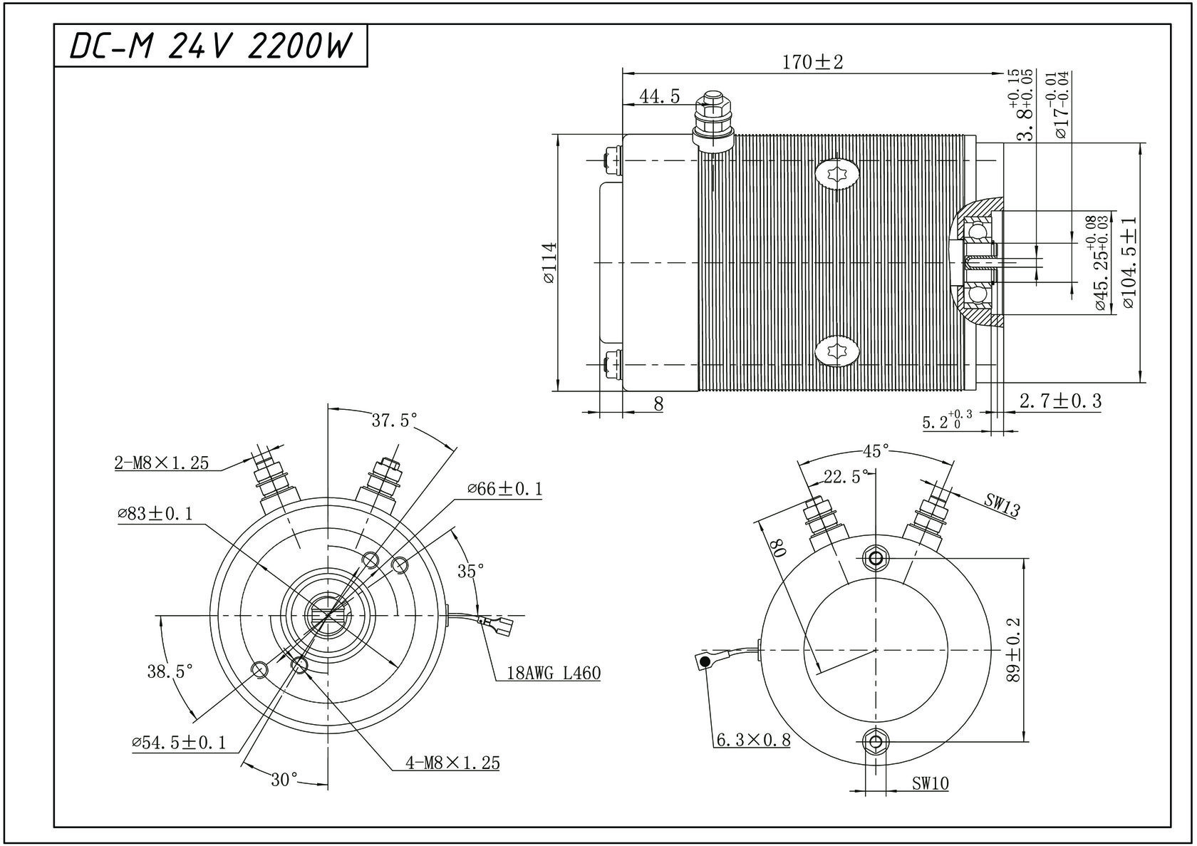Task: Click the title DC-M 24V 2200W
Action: pyautogui.click(x=211, y=46)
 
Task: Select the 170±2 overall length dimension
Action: pyautogui.click(x=812, y=62)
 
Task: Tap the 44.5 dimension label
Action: pyautogui.click(x=659, y=96)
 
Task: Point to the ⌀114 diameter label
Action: pyautogui.click(x=549, y=262)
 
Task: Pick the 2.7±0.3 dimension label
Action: pyautogui.click(x=1060, y=401)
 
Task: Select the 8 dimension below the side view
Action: pyautogui.click(x=658, y=404)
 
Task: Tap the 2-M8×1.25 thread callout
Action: pyautogui.click(x=162, y=463)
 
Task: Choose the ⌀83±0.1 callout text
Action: pyautogui.click(x=155, y=514)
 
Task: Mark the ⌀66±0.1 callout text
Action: pyautogui.click(x=505, y=489)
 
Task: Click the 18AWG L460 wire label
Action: pyautogui.click(x=554, y=673)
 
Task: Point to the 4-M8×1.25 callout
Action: pyautogui.click(x=452, y=763)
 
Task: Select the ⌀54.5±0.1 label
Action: pyautogui.click(x=179, y=743)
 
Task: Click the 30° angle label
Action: pyautogui.click(x=284, y=780)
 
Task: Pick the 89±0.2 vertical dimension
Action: pyautogui.click(x=1014, y=650)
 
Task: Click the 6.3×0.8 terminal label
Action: pyautogui.click(x=753, y=740)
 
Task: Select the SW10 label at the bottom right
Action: pyautogui.click(x=931, y=784)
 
